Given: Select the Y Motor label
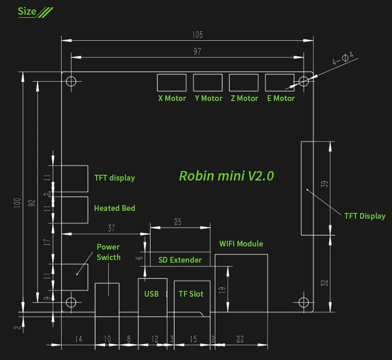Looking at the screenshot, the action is point(209,98).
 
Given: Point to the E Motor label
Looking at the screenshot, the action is point(281,98).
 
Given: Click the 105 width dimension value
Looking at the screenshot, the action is point(198,35).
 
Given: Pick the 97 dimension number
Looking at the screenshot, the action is point(197,52).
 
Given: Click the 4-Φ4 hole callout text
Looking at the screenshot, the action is point(343,58).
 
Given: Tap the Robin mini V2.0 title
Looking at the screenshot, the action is point(226,176).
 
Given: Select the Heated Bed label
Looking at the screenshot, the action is point(114,208).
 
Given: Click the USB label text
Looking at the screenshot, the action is point(151,294).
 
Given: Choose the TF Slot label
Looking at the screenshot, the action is point(191,294).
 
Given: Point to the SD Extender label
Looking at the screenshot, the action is point(180,260).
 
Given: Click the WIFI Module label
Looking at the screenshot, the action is point(241,244).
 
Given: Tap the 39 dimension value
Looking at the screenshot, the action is point(324,184).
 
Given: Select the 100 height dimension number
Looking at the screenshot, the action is point(17,203).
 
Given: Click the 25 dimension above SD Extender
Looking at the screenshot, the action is point(178,222).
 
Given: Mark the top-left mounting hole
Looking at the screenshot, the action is point(71,81).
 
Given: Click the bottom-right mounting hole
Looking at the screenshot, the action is point(304,302).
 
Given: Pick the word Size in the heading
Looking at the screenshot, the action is point(27,12).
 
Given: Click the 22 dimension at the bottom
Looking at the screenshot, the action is point(240,339).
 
